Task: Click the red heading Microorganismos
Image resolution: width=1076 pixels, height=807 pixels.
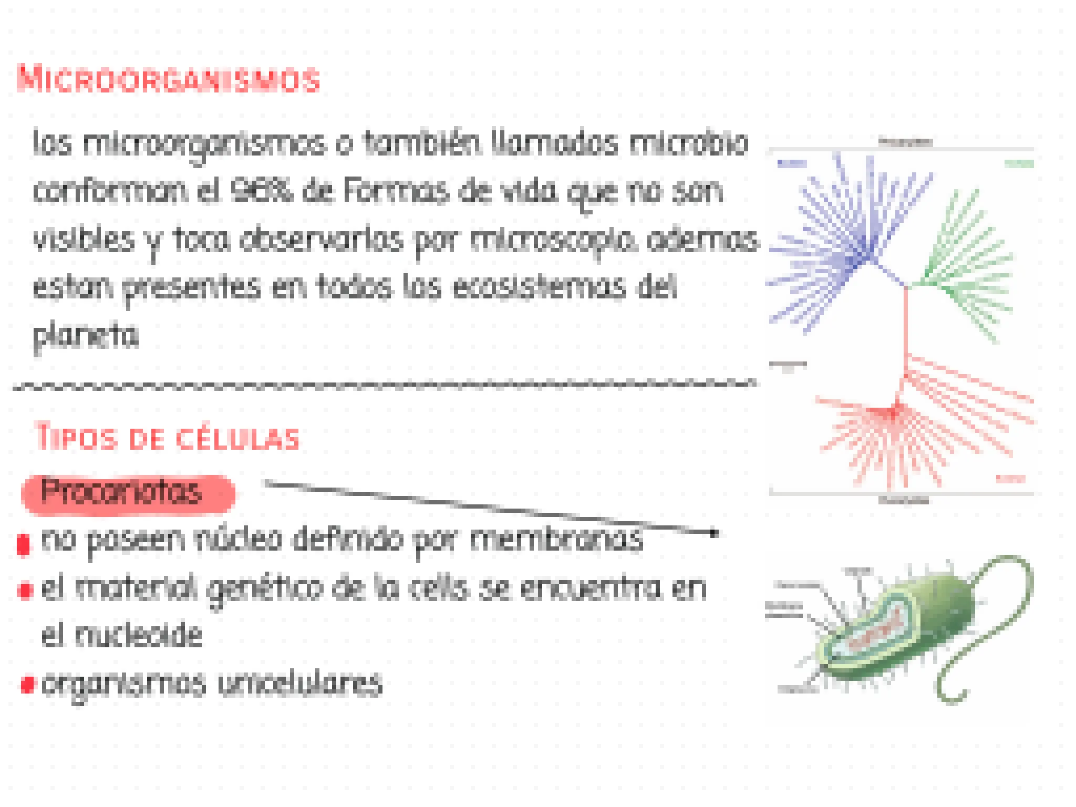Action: [x=168, y=80]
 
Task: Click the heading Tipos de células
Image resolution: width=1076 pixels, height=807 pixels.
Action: [x=167, y=438]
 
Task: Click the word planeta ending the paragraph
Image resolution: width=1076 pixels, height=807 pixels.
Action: [x=86, y=336]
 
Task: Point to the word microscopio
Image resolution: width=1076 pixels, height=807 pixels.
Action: [x=552, y=241]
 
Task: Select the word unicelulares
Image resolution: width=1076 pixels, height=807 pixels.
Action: [x=300, y=684]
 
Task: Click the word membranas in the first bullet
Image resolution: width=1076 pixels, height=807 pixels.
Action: [x=556, y=539]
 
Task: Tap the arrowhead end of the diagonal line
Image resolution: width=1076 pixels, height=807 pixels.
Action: [x=713, y=533]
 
